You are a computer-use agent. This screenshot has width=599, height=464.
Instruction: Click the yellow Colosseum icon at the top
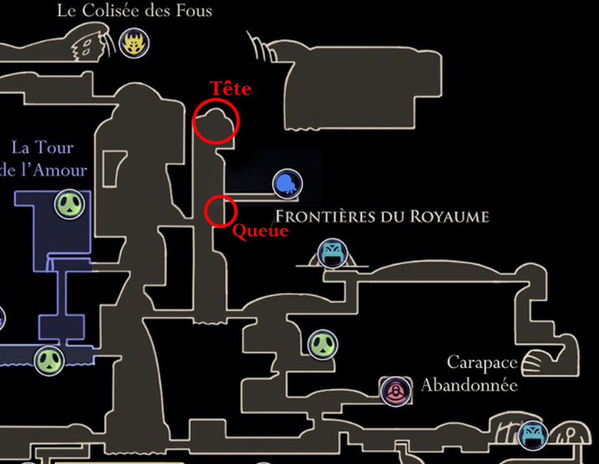[x=134, y=43]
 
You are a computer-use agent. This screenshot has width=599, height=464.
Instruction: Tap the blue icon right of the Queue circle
[x=287, y=184]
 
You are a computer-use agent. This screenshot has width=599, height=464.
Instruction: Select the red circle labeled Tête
[x=215, y=121]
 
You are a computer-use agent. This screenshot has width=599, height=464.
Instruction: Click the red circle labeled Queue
[x=220, y=211]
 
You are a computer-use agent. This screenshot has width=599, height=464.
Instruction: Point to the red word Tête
[x=230, y=89]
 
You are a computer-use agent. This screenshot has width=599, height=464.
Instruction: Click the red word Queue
[x=260, y=231]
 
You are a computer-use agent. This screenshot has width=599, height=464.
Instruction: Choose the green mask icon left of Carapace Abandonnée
[x=323, y=344]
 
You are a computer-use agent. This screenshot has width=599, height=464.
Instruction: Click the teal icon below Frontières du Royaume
[x=332, y=253]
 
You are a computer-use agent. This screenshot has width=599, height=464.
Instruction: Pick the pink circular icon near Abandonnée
[x=395, y=391]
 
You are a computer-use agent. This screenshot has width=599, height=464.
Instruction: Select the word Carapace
[x=482, y=363]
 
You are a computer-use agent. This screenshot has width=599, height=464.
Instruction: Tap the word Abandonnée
[x=469, y=385]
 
